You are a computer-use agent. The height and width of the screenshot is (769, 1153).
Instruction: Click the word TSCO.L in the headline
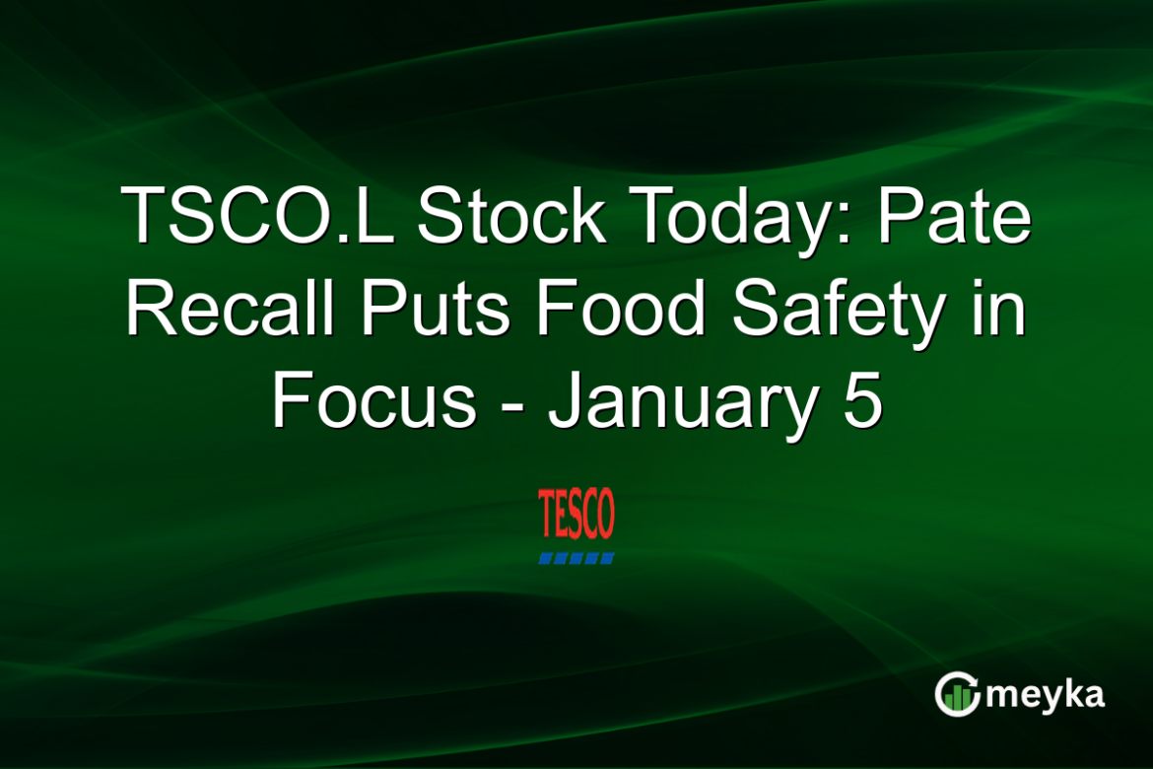(x=255, y=217)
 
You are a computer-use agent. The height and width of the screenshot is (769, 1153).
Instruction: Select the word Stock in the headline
(x=510, y=217)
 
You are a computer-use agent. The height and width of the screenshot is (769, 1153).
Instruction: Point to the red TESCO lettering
(x=576, y=515)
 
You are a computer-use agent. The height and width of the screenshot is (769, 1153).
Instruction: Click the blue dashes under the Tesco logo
(x=576, y=558)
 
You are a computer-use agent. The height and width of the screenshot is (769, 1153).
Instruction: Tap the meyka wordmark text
(x=1045, y=695)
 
